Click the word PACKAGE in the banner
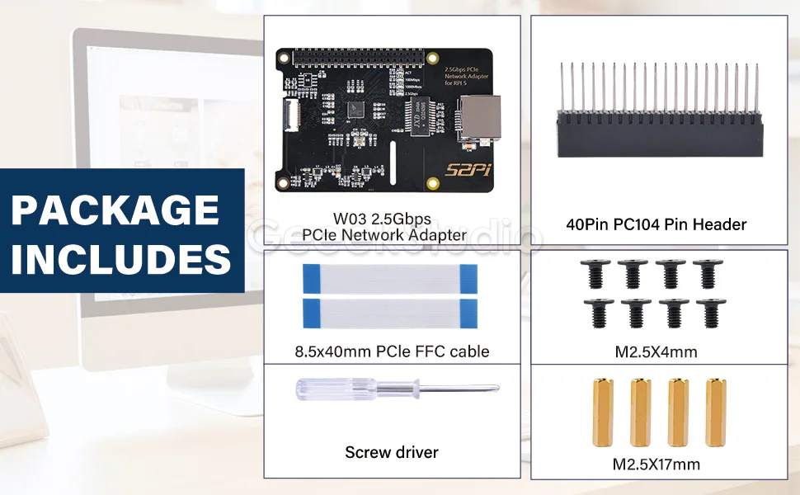click(x=115, y=210)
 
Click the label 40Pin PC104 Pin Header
click(x=656, y=224)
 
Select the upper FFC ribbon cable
click(x=392, y=279)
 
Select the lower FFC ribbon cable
click(x=392, y=312)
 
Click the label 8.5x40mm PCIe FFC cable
click(x=392, y=351)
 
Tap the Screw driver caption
click(x=392, y=452)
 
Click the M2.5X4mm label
click(x=656, y=352)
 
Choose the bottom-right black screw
click(x=708, y=313)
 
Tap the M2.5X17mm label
click(x=656, y=464)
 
